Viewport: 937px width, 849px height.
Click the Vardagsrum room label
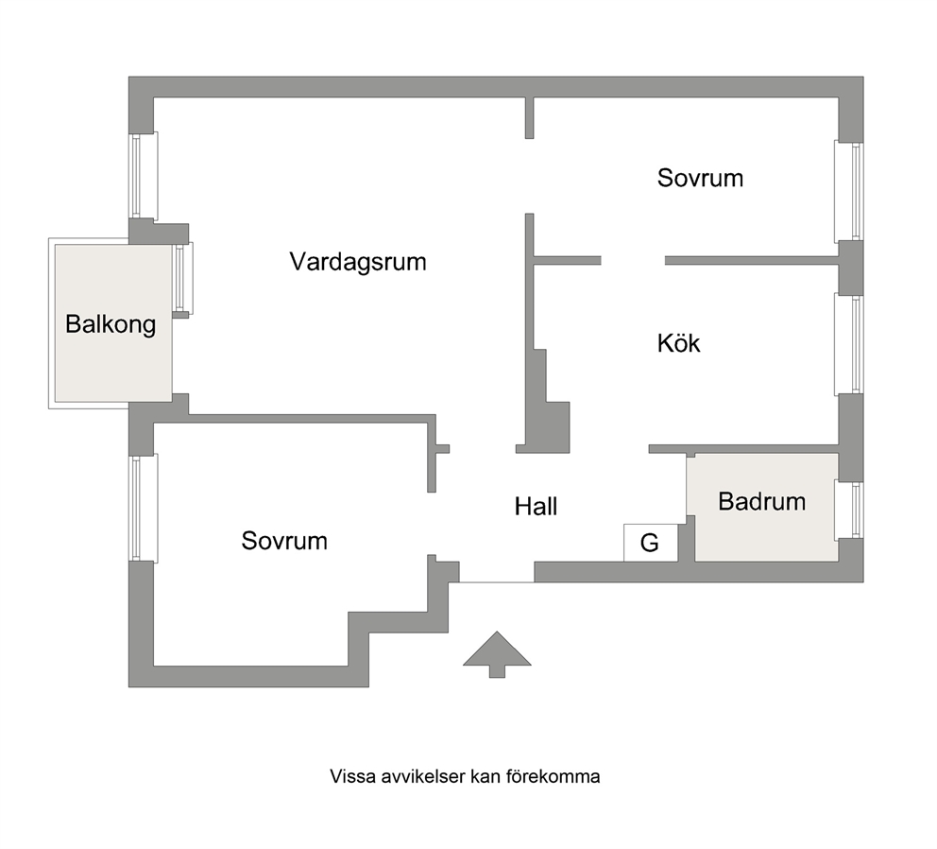(x=358, y=262)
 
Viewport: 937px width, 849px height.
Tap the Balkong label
(x=111, y=324)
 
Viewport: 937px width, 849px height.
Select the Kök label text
(x=678, y=343)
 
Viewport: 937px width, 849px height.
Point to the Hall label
(x=536, y=507)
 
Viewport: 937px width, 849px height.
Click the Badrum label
(x=762, y=501)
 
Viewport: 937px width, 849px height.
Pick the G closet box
(x=651, y=543)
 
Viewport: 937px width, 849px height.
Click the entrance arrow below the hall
(x=497, y=654)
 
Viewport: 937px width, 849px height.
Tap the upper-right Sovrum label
(x=700, y=179)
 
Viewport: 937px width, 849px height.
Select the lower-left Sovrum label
(x=284, y=541)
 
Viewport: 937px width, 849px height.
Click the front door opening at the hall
(x=497, y=581)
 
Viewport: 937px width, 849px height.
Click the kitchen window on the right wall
(x=849, y=345)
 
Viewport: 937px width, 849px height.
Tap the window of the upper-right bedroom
(x=849, y=192)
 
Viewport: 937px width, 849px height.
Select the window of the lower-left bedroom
(x=144, y=508)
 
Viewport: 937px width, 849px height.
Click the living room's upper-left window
(x=144, y=176)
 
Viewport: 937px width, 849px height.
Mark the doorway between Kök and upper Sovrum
(x=633, y=261)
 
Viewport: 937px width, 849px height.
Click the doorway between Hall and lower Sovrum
(x=432, y=524)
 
